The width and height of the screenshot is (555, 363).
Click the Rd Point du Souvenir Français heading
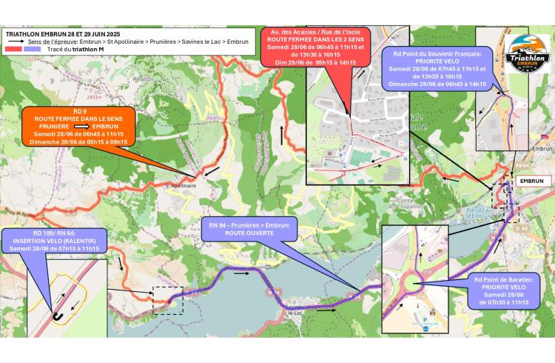coord(443,54)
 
